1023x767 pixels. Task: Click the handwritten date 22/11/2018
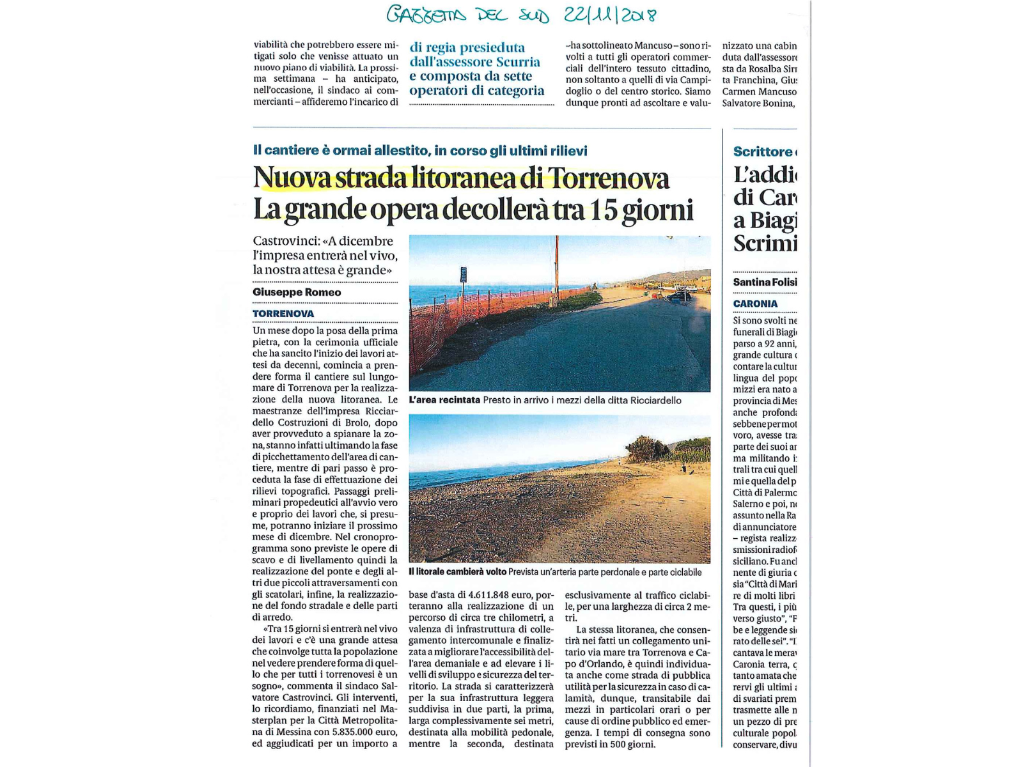pyautogui.click(x=610, y=15)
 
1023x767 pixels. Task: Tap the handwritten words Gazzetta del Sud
pyautogui.click(x=467, y=15)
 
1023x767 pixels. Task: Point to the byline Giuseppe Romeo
pyautogui.click(x=297, y=292)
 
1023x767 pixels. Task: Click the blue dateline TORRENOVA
pyautogui.click(x=283, y=313)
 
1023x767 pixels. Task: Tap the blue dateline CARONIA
pyautogui.click(x=755, y=304)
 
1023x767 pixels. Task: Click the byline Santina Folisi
pyautogui.click(x=765, y=282)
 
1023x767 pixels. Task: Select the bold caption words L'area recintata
pyautogui.click(x=444, y=400)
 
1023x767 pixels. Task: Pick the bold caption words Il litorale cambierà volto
pyautogui.click(x=457, y=572)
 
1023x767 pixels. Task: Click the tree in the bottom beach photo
pyautogui.click(x=647, y=449)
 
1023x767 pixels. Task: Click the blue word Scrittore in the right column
pyautogui.click(x=763, y=151)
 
